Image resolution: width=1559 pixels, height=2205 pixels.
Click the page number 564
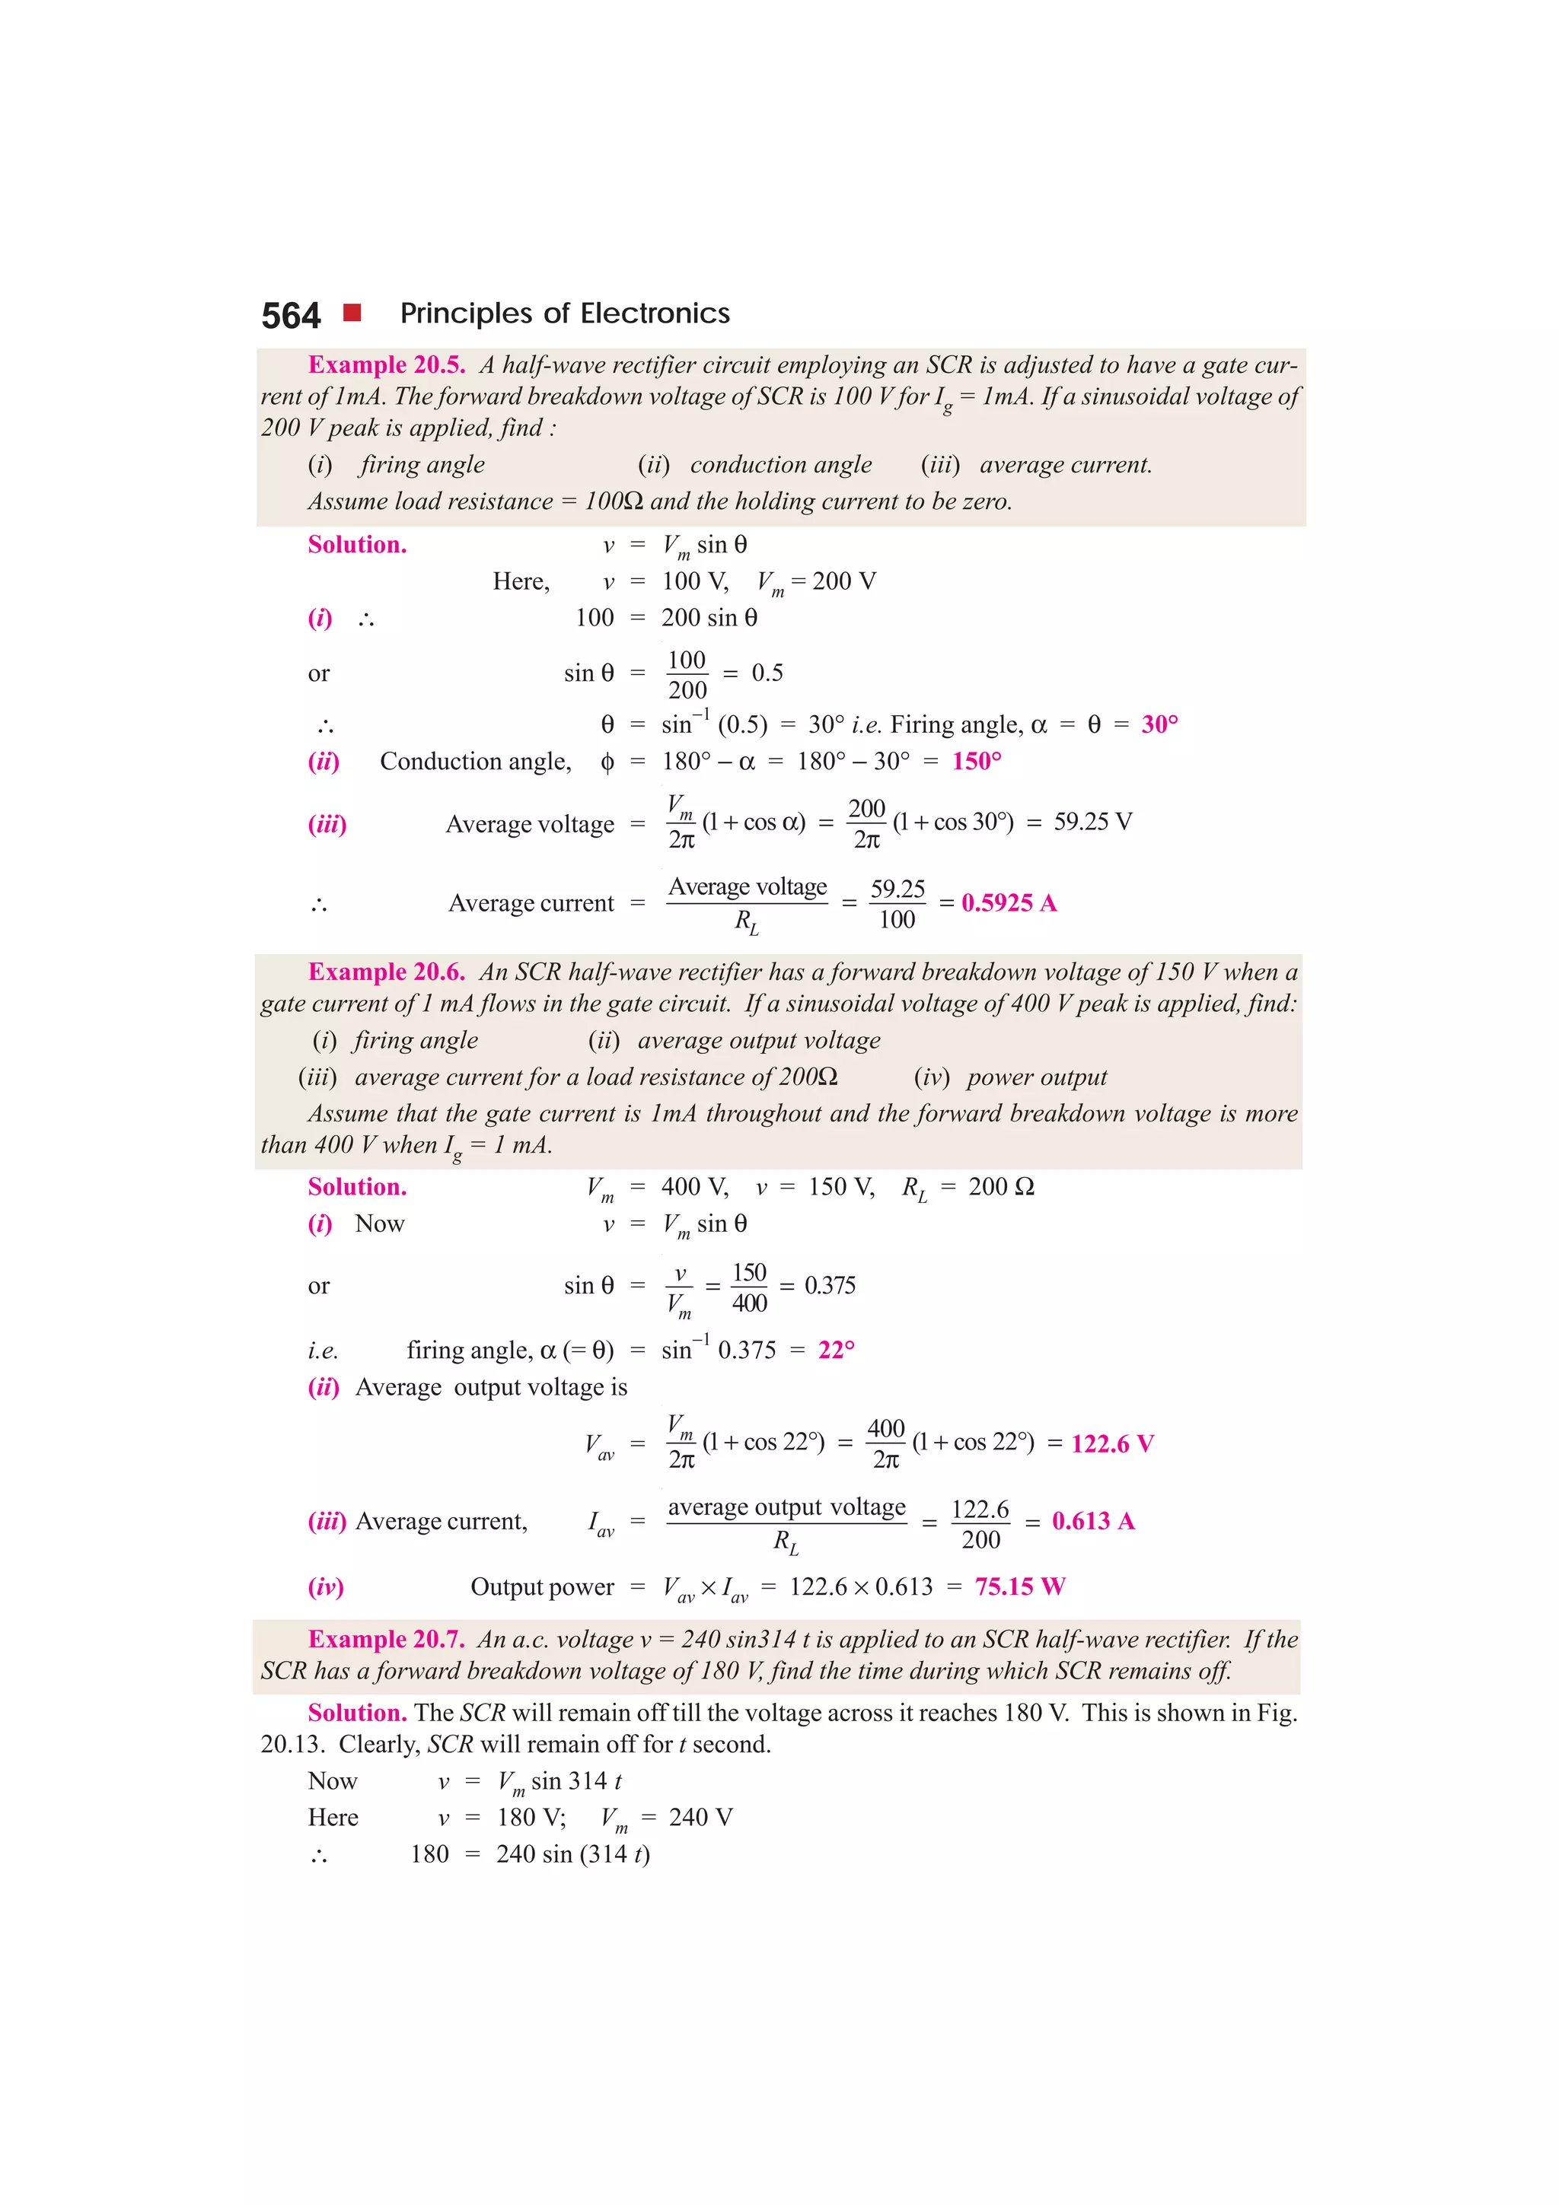(290, 316)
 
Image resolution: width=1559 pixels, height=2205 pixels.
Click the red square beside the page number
(352, 312)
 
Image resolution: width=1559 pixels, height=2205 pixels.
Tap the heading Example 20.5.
(386, 365)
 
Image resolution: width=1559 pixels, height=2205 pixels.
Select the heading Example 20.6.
(386, 972)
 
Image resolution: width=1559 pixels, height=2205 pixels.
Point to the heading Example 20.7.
(386, 1640)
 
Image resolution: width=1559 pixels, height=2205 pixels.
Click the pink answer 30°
(1159, 724)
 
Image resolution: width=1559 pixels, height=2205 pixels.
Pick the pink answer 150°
(977, 762)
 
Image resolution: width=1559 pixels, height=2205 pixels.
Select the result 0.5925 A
(1009, 902)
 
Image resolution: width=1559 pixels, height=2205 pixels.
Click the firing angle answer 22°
(836, 1351)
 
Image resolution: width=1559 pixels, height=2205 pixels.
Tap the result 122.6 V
(1112, 1443)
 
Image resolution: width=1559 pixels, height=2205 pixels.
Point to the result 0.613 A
(1093, 1521)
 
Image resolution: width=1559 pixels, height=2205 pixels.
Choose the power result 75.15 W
(1020, 1586)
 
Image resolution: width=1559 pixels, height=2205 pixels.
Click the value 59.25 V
(1093, 822)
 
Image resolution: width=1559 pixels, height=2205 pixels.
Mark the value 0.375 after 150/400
(830, 1286)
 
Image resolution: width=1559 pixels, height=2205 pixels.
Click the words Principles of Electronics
(565, 314)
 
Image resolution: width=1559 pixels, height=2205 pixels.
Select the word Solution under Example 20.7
(357, 1713)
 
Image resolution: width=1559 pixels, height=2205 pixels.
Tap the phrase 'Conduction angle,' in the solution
(476, 762)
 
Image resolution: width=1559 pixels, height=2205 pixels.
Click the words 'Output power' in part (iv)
(542, 1587)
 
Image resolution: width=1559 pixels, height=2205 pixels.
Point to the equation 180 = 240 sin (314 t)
(529, 1854)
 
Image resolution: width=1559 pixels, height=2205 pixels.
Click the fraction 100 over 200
(687, 674)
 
